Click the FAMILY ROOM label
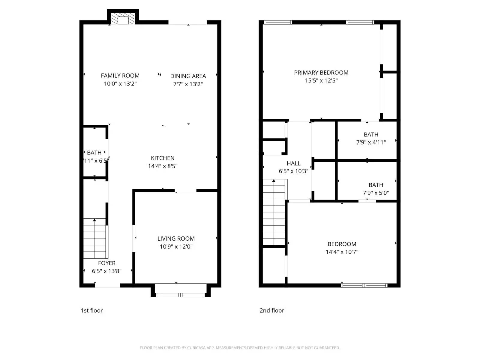tap(120, 76)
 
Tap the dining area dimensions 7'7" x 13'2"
tap(188, 84)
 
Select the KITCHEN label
tap(163, 158)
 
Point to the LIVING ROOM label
tap(176, 238)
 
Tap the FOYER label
tap(107, 263)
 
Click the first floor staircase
tap(95, 238)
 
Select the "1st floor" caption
tap(92, 310)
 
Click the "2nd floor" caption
tap(272, 310)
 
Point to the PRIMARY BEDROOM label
tap(321, 73)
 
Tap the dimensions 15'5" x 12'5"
tap(321, 81)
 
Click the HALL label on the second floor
tap(293, 163)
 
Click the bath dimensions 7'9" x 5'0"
tap(376, 193)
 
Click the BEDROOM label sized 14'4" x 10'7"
tap(342, 244)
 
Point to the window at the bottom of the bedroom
tap(364, 285)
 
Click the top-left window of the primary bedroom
tap(278, 22)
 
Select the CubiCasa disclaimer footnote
tap(240, 348)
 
